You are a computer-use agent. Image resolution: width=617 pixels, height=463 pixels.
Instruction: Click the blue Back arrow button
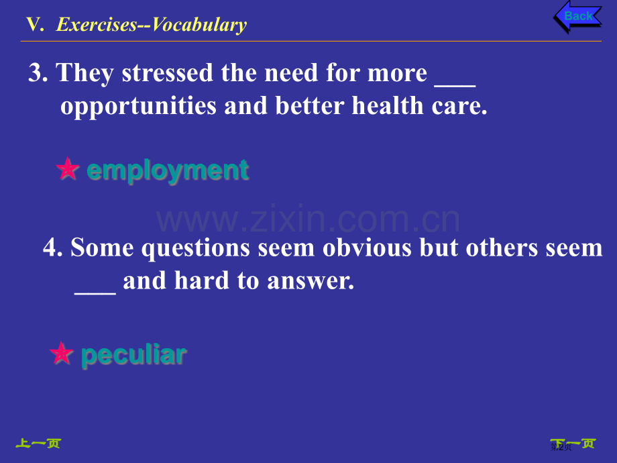pyautogui.click(x=577, y=17)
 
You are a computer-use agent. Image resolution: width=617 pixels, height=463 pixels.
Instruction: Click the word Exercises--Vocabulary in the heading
pyautogui.click(x=152, y=25)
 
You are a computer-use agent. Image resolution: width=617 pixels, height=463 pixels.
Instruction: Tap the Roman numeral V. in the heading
pyautogui.click(x=35, y=24)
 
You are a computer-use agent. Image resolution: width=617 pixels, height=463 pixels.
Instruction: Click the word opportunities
pyautogui.click(x=139, y=106)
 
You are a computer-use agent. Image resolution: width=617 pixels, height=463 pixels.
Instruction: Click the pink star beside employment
pyautogui.click(x=68, y=168)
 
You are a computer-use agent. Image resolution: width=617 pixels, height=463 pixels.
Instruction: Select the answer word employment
pyautogui.click(x=168, y=171)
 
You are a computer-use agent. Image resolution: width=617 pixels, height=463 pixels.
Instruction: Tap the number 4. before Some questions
pyautogui.click(x=53, y=248)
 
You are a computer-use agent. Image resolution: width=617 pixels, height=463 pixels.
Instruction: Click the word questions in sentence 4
pyautogui.click(x=196, y=249)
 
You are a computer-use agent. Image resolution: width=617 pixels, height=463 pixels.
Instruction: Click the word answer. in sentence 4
pyautogui.click(x=311, y=281)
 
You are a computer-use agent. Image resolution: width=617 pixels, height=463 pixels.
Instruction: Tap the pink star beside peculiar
pyautogui.click(x=62, y=353)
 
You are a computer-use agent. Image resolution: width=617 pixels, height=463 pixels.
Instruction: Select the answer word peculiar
pyautogui.click(x=133, y=355)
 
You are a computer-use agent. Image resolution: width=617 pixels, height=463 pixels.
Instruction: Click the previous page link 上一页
pyautogui.click(x=38, y=444)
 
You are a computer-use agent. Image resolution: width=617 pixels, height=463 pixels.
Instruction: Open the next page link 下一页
pyautogui.click(x=573, y=444)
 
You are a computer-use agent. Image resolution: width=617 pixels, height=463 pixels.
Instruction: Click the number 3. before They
pyautogui.click(x=38, y=73)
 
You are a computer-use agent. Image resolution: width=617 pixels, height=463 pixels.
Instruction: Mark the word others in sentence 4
pyautogui.click(x=502, y=248)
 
